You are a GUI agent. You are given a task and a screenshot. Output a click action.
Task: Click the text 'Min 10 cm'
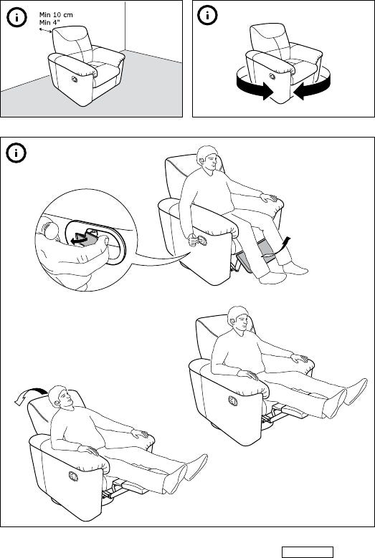click(x=56, y=15)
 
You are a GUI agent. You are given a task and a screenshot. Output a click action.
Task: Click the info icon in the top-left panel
click(x=16, y=17)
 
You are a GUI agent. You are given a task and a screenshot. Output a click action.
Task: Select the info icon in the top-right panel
click(x=208, y=15)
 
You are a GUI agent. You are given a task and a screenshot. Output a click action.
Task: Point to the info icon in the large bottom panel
click(x=16, y=153)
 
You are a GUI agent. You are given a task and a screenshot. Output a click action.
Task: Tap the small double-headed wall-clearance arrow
click(x=45, y=31)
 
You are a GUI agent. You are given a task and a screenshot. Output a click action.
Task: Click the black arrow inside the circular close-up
click(x=80, y=239)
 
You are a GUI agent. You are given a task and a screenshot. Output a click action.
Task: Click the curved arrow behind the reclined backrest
click(x=30, y=394)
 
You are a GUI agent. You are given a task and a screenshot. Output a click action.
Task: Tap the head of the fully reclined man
click(x=60, y=397)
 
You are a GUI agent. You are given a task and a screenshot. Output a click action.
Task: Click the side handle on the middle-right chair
click(x=233, y=400)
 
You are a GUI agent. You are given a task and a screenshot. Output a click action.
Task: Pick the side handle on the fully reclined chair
click(x=73, y=476)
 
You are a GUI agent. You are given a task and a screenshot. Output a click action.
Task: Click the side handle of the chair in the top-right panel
click(x=272, y=76)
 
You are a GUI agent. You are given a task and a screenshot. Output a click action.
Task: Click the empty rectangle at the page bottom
click(x=308, y=552)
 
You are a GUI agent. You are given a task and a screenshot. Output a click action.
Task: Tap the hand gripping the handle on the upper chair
click(x=194, y=241)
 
